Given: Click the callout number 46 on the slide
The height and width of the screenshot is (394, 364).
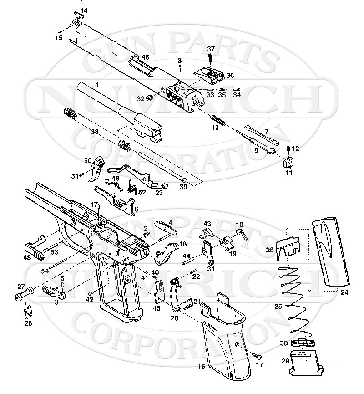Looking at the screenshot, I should click(145, 57).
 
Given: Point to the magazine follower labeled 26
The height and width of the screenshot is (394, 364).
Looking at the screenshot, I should click(288, 249).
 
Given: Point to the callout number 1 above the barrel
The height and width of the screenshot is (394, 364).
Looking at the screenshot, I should click(96, 85).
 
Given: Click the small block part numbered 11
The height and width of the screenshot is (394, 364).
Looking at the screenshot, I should click(288, 162).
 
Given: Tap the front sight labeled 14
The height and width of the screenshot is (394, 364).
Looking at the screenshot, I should click(77, 17).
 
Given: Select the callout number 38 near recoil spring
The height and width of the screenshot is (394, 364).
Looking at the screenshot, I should click(94, 132).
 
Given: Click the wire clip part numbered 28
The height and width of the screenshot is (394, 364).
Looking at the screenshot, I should click(27, 312).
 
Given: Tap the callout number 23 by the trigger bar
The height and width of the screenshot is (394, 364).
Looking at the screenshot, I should click(146, 193).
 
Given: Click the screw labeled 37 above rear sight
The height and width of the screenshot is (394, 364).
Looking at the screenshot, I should click(211, 57).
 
